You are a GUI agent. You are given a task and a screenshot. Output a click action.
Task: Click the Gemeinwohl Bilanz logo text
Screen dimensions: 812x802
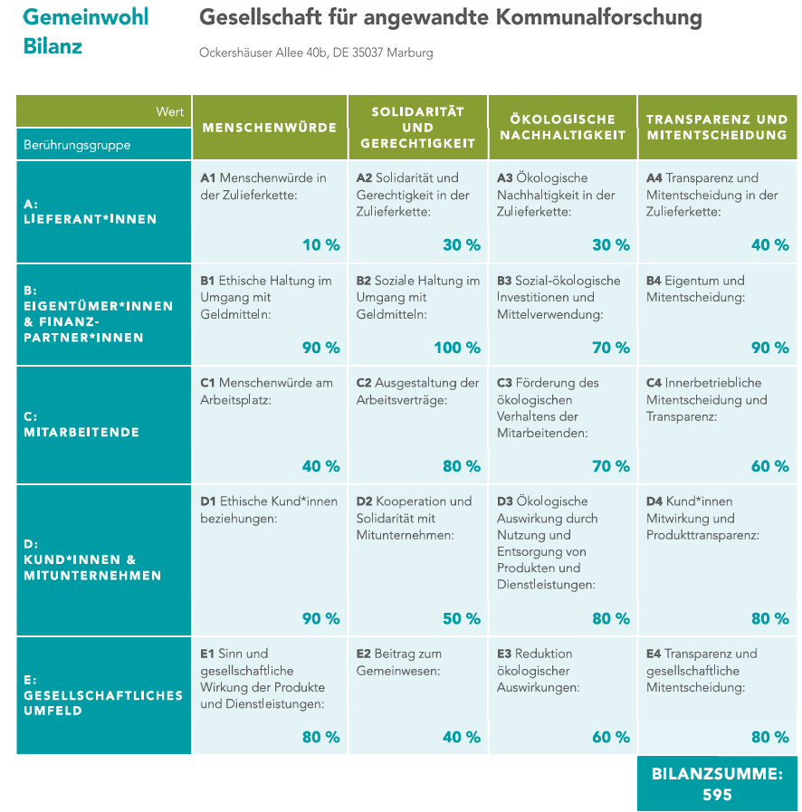click(85, 31)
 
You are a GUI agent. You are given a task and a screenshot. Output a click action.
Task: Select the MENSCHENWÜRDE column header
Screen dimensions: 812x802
click(270, 128)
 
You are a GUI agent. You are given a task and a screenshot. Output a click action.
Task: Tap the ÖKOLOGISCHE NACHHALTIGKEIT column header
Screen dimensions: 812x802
click(562, 127)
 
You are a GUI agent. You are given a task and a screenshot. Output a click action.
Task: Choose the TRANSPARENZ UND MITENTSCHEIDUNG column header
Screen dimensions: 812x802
click(717, 127)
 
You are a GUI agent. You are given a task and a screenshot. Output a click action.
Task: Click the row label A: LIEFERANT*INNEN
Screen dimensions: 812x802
click(90, 212)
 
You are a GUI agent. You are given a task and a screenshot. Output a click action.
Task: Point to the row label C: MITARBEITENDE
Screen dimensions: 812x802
click(81, 425)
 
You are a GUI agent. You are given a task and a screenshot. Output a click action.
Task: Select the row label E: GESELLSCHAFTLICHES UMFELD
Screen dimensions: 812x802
click(103, 695)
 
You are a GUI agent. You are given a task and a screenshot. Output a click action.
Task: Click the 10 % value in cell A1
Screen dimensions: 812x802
click(321, 244)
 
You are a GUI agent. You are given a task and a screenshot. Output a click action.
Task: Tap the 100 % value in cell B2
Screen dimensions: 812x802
click(457, 348)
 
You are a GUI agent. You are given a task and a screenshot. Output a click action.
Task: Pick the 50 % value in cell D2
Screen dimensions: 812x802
click(462, 618)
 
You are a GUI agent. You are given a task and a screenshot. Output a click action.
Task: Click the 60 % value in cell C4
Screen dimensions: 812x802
click(770, 466)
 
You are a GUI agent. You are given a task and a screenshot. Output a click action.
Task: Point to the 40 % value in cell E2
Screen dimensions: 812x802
click(462, 737)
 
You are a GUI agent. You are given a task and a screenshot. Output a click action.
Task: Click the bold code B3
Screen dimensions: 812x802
click(505, 281)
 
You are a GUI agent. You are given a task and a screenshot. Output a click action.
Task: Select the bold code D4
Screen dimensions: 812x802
click(655, 502)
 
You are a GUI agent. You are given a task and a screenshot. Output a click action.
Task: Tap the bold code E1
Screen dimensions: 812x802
click(207, 654)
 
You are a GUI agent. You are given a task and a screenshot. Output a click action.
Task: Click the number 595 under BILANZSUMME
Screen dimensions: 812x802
click(717, 795)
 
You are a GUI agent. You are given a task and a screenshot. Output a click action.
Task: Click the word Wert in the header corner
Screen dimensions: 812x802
click(170, 111)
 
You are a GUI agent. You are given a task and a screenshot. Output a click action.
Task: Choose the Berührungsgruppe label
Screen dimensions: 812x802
click(77, 145)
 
